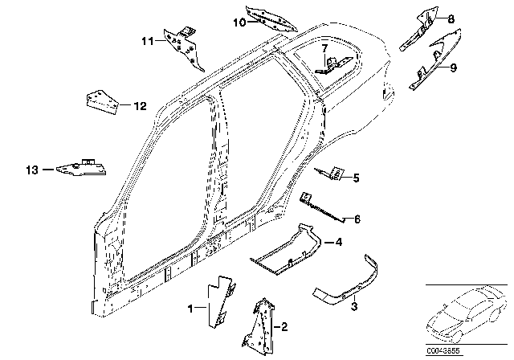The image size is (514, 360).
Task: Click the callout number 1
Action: (190, 308)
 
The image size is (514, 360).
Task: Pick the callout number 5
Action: (357, 178)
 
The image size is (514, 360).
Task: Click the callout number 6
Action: (357, 218)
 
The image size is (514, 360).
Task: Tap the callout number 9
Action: (453, 69)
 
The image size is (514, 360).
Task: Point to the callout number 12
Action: (140, 104)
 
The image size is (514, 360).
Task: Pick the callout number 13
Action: (32, 170)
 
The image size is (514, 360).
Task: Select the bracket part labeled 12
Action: (101, 101)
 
